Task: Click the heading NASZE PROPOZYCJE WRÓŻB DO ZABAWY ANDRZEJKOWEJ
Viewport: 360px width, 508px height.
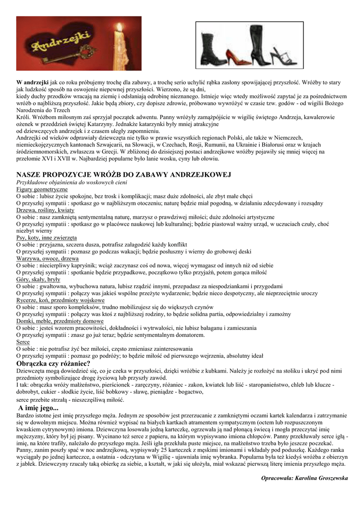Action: tap(124, 175)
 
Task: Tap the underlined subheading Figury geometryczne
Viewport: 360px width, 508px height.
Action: tap(42, 190)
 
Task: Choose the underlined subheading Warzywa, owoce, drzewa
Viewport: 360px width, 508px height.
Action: tap(47, 258)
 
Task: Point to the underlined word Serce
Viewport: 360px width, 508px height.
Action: tap(23, 342)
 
